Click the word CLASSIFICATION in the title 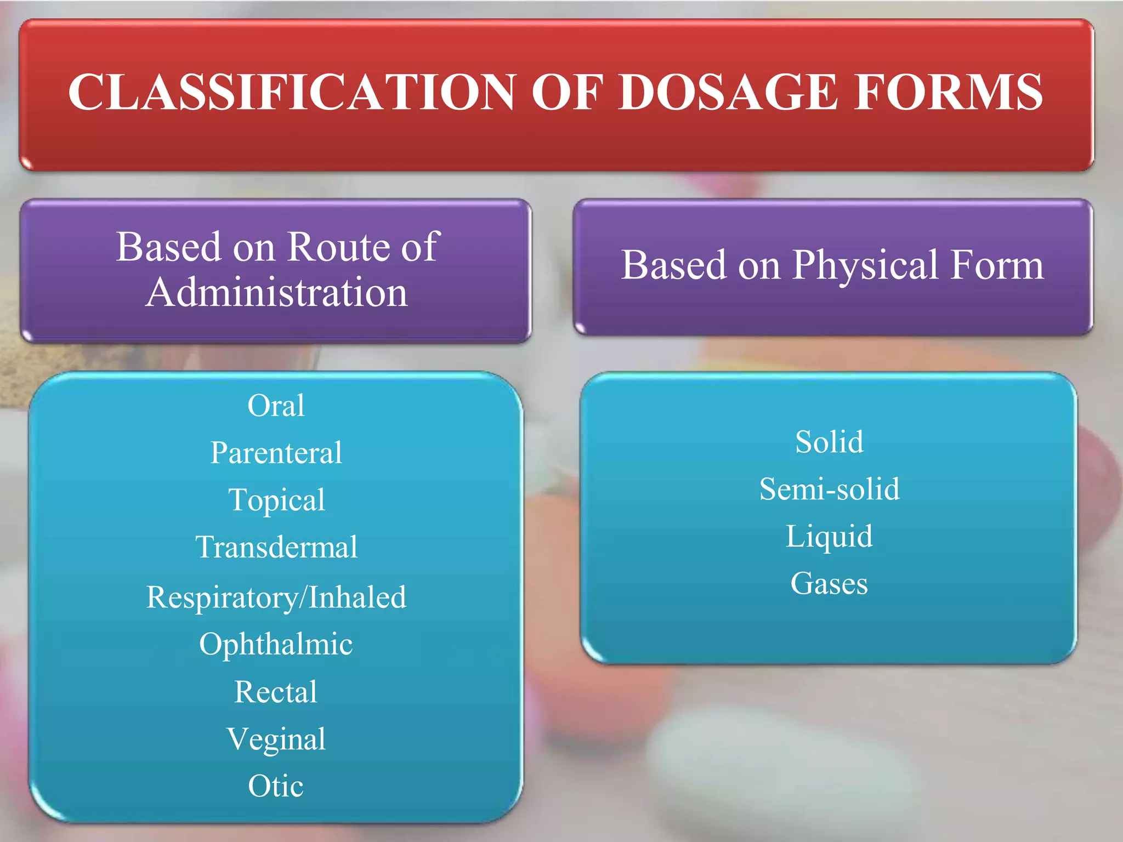tap(291, 92)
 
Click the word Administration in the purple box tap(277, 292)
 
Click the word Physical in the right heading tap(866, 265)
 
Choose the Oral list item tap(276, 406)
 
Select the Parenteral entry tap(276, 453)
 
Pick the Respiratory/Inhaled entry tap(276, 597)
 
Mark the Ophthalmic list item tap(276, 644)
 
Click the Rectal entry tap(276, 692)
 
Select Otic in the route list tap(276, 786)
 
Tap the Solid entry tap(829, 442)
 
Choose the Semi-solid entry tap(829, 489)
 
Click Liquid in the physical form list tap(829, 536)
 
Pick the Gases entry tap(829, 583)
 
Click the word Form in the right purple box tap(997, 265)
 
